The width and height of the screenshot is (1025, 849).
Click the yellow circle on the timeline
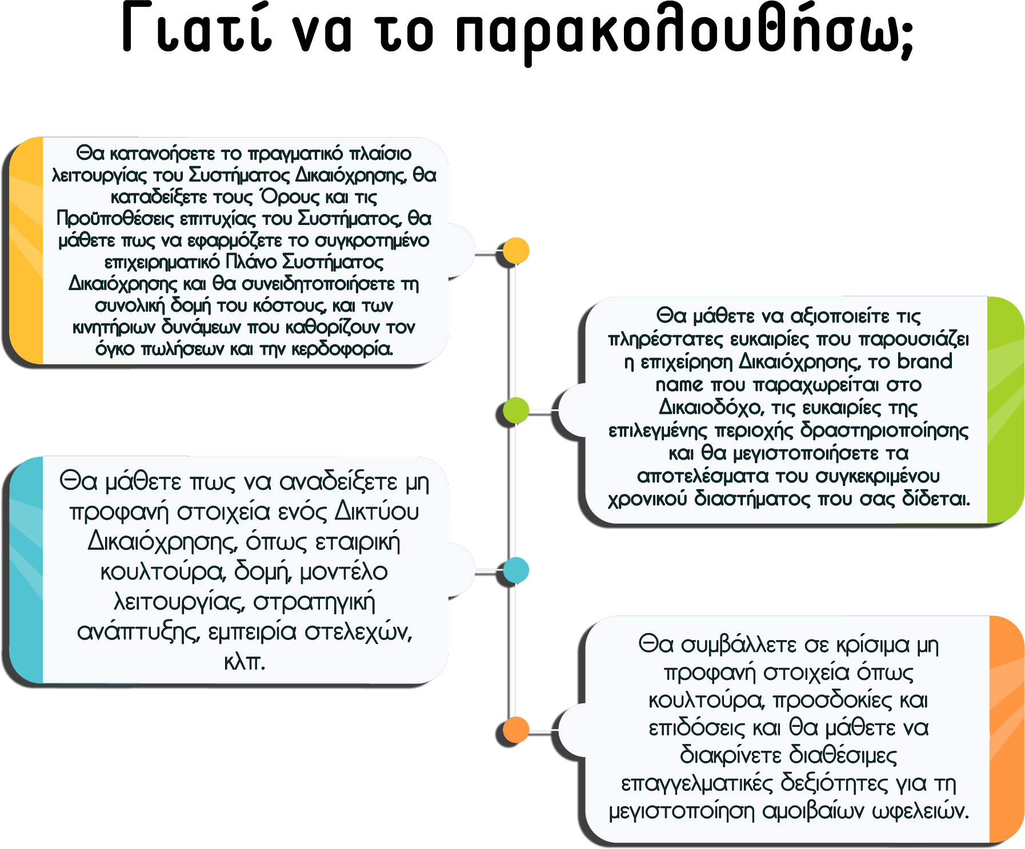[516, 251]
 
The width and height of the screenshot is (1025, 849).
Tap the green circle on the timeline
[516, 411]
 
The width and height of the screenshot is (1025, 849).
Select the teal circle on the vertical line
[516, 570]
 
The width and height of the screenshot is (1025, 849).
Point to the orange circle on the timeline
[516, 730]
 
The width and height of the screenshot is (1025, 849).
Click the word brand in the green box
[924, 361]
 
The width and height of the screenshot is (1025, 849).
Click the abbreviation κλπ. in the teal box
[245, 662]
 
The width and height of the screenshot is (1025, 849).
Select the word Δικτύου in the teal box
[377, 511]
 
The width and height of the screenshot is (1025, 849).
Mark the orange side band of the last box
[1006, 729]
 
